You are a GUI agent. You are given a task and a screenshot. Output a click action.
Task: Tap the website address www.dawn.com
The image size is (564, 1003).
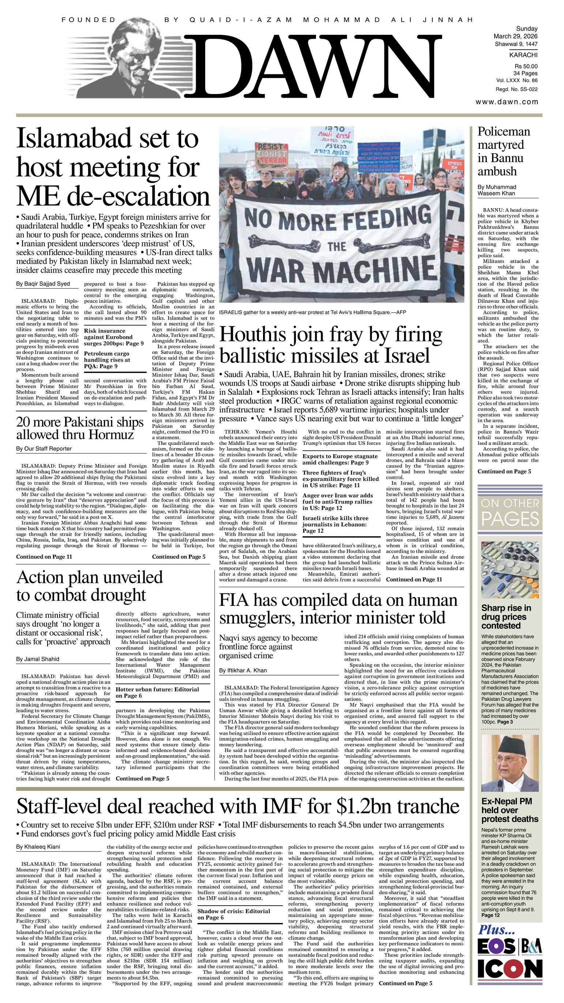pyautogui.click(x=507, y=102)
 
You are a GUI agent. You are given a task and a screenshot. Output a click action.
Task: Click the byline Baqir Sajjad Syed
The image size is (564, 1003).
pyautogui.click(x=43, y=284)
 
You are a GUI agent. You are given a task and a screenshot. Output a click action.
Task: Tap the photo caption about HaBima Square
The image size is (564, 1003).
pyautogui.click(x=313, y=312)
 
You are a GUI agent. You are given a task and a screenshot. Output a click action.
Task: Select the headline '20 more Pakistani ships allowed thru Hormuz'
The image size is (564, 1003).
pyautogui.click(x=80, y=428)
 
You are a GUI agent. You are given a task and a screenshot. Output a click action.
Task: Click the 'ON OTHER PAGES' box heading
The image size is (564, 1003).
pyautogui.click(x=510, y=512)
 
